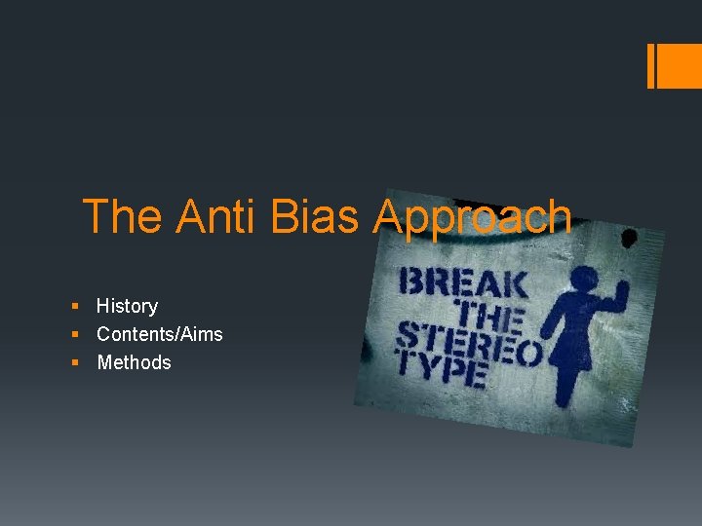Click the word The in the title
click(x=124, y=216)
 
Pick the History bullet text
click(x=127, y=306)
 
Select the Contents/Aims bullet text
click(x=159, y=334)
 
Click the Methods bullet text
click(x=134, y=362)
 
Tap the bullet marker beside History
click(x=76, y=307)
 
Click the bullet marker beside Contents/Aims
click(x=76, y=335)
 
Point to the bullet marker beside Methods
click(x=76, y=363)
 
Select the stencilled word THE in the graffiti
click(x=490, y=314)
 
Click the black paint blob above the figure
click(x=630, y=238)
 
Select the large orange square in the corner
click(x=681, y=66)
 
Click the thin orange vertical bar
click(x=651, y=66)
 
